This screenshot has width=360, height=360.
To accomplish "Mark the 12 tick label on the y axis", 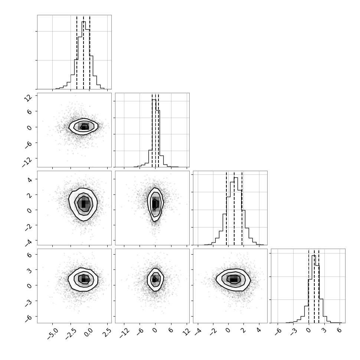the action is pos(28,98).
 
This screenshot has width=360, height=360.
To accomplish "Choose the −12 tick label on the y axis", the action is pos(27,162).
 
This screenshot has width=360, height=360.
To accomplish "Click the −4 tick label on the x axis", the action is pos(198,332).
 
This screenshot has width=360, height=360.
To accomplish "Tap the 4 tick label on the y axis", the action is pos(30,180).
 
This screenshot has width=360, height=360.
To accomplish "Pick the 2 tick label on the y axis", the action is pos(30,195).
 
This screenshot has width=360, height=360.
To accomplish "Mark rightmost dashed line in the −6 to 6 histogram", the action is pos(319,287).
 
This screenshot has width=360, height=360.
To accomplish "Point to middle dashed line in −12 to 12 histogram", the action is pos(156,131).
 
